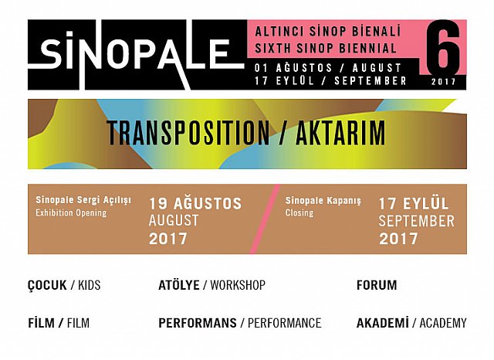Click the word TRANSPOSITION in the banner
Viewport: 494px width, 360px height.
pos(188,134)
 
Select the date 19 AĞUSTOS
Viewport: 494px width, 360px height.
pos(195,204)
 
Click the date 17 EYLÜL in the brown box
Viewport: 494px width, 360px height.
pos(413,204)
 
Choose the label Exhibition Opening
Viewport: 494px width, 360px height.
pos(71,212)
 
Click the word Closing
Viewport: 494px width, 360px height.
pos(299,212)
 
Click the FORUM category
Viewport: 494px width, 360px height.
pos(377,285)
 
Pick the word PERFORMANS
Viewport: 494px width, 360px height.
pos(197,323)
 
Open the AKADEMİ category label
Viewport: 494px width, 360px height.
pos(382,323)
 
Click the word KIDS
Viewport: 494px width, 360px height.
pos(88,285)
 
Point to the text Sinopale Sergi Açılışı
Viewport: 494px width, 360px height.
pos(83,200)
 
